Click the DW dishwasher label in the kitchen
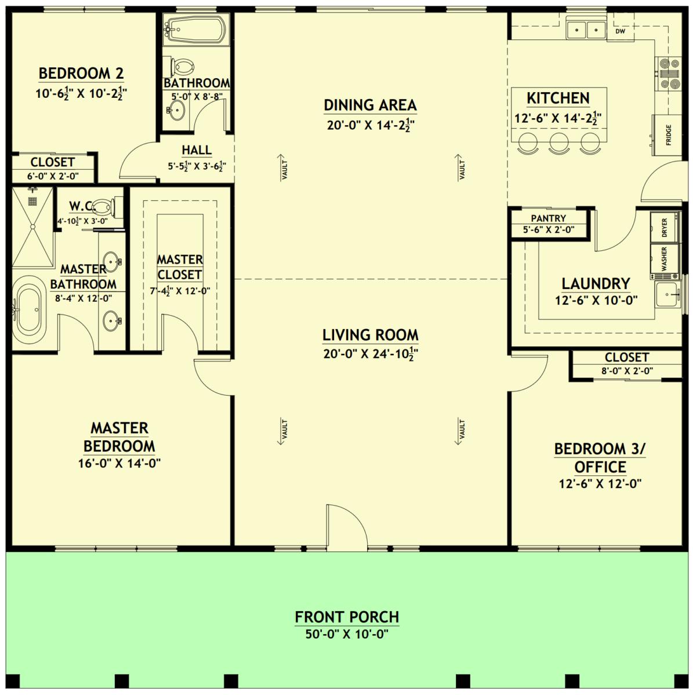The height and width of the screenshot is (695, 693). click(620, 31)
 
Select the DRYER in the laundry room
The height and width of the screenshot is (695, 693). click(665, 228)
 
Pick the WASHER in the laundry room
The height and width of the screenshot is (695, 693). click(665, 259)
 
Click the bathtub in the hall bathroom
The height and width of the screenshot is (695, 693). click(195, 29)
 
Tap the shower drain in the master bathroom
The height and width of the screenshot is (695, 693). click(32, 200)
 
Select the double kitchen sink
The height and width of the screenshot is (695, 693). click(586, 29)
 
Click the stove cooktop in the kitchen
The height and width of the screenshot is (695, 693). click(670, 74)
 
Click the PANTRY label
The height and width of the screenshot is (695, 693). click(548, 218)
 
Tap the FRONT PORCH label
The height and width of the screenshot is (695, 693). click(347, 617)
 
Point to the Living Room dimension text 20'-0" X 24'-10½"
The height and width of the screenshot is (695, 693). click(371, 354)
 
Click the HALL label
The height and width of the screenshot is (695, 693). click(197, 149)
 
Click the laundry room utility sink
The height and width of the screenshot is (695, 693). click(667, 294)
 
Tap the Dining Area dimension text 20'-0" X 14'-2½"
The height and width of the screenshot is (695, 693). click(371, 125)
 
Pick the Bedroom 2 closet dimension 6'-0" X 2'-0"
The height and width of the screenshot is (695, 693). click(53, 177)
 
